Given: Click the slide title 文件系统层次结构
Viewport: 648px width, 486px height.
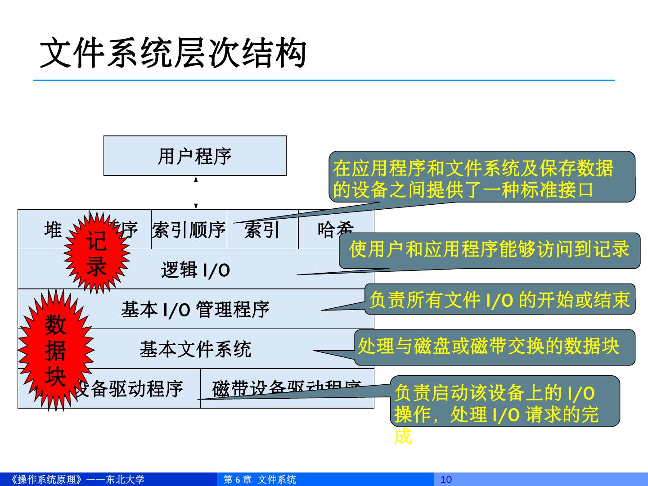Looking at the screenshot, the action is click(x=173, y=53).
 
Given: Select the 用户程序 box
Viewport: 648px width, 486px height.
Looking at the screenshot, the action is click(x=195, y=156).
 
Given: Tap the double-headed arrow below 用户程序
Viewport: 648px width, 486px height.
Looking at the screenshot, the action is click(x=196, y=193).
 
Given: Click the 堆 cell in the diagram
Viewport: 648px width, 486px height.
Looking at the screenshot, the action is click(x=53, y=230).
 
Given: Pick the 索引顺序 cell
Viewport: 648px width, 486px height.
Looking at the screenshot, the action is click(x=189, y=230).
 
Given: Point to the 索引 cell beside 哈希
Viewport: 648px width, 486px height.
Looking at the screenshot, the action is click(x=262, y=230).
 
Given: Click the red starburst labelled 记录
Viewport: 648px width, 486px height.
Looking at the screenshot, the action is click(x=97, y=253).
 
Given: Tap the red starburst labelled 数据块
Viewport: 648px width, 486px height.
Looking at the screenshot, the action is click(x=55, y=350).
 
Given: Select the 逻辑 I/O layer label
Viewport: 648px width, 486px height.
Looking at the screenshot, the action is click(x=195, y=270).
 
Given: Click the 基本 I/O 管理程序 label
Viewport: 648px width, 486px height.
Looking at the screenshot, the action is click(x=195, y=310).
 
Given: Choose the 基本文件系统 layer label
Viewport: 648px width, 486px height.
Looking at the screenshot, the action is click(x=195, y=349).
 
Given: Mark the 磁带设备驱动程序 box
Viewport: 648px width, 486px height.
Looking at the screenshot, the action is click(x=287, y=388).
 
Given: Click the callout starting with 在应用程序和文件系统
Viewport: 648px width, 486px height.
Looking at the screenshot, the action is click(x=481, y=177).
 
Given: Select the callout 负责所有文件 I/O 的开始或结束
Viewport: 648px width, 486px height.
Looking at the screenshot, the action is click(x=499, y=299).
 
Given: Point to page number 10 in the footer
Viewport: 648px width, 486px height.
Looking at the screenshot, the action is click(x=446, y=480).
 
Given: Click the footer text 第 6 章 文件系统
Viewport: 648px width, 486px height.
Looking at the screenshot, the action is click(x=260, y=480).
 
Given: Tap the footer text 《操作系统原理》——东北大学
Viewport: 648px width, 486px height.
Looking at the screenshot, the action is click(x=77, y=480).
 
